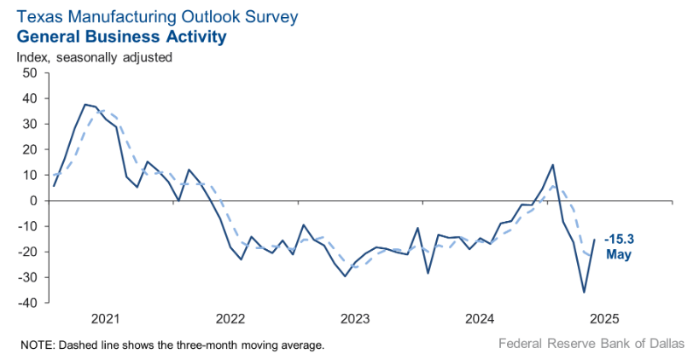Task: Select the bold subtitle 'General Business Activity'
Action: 121,37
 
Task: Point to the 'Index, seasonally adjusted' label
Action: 95,57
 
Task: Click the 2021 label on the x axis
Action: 106,319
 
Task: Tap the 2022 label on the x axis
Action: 230,319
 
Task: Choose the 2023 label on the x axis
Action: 355,319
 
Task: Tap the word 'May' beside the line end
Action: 618,254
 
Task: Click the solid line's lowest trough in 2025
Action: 585,292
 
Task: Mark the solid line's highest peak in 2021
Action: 85,104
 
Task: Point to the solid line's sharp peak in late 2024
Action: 553,165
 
